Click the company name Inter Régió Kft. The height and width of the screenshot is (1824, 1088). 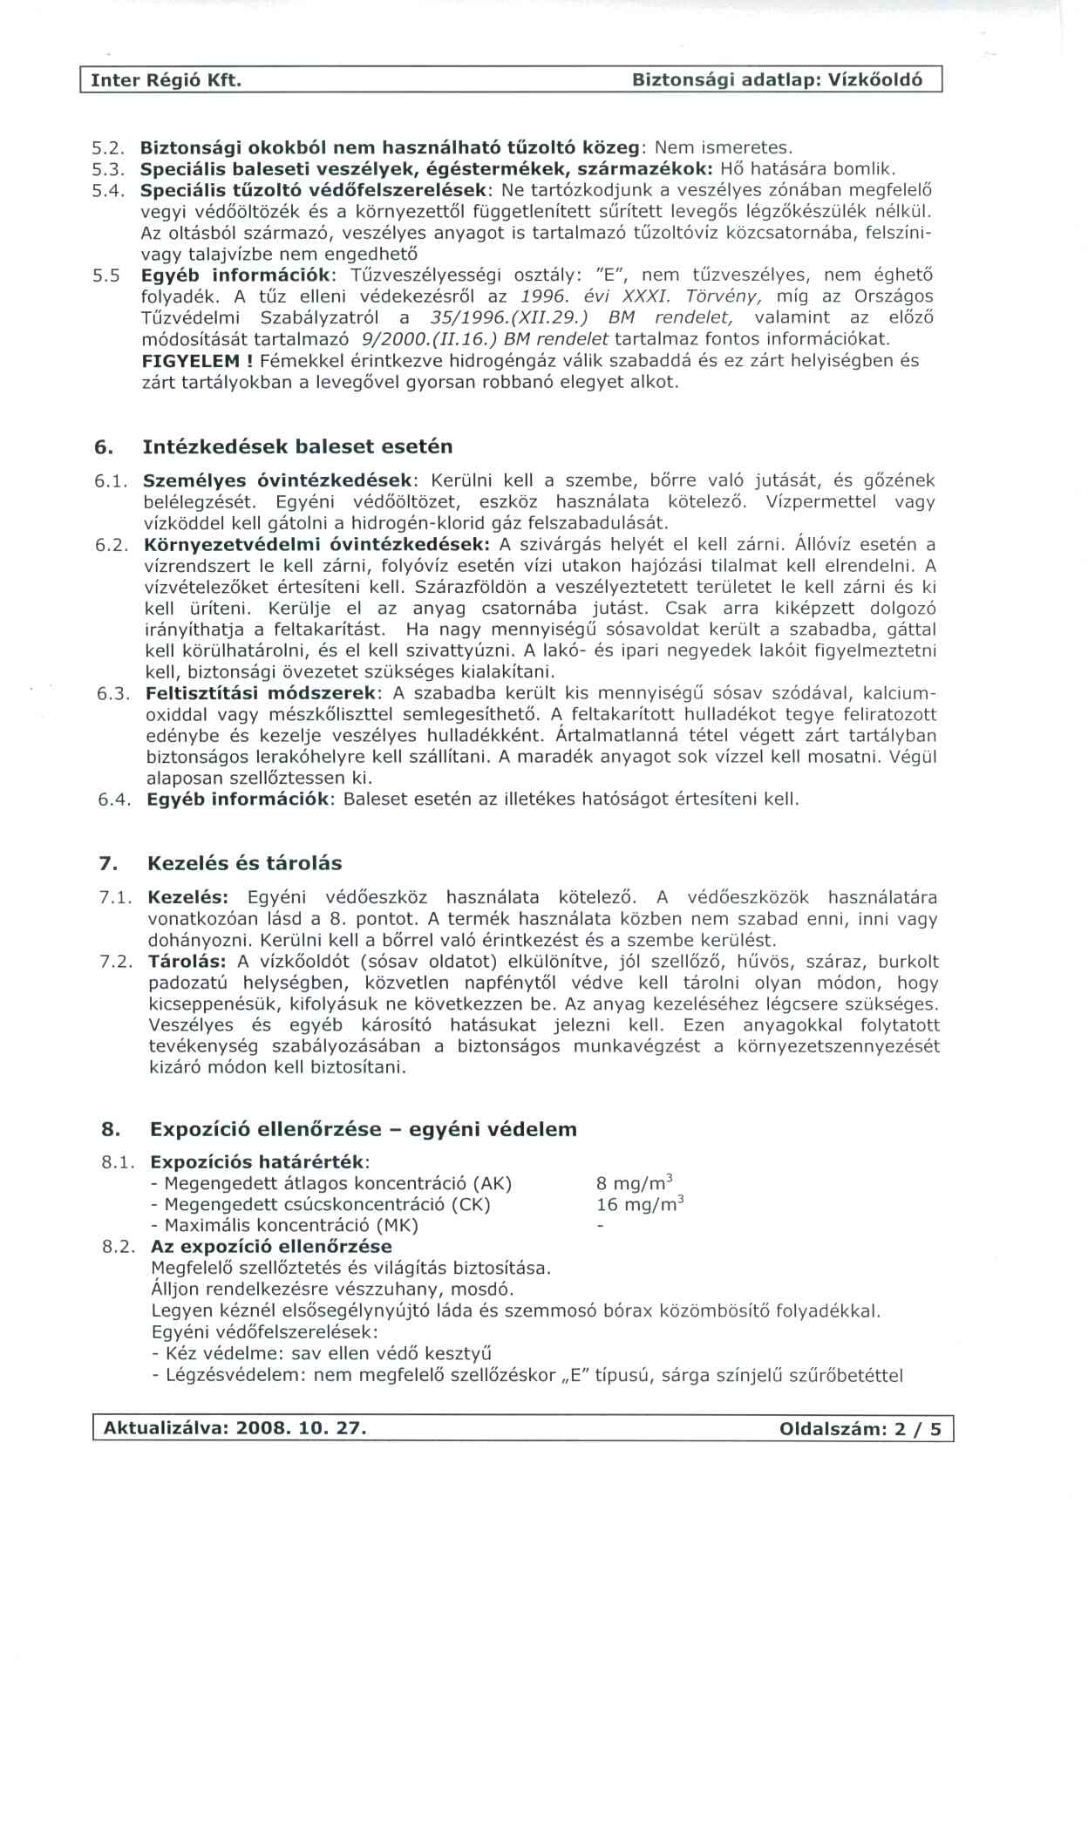click(166, 81)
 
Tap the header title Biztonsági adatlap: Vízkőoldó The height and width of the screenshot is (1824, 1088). click(777, 81)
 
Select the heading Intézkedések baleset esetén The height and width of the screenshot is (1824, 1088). click(297, 447)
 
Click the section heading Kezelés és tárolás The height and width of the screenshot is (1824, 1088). click(244, 864)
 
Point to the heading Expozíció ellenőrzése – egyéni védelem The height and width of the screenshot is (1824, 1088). click(363, 1130)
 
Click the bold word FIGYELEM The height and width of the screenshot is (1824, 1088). click(190, 361)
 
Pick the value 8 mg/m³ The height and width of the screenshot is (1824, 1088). click(634, 1183)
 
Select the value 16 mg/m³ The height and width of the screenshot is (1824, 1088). click(639, 1205)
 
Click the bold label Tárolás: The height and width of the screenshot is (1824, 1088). click(187, 963)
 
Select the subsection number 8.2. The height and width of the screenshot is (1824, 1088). click(119, 1248)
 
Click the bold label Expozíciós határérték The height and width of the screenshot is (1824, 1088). click(259, 1163)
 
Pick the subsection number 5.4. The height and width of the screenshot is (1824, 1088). click(110, 190)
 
